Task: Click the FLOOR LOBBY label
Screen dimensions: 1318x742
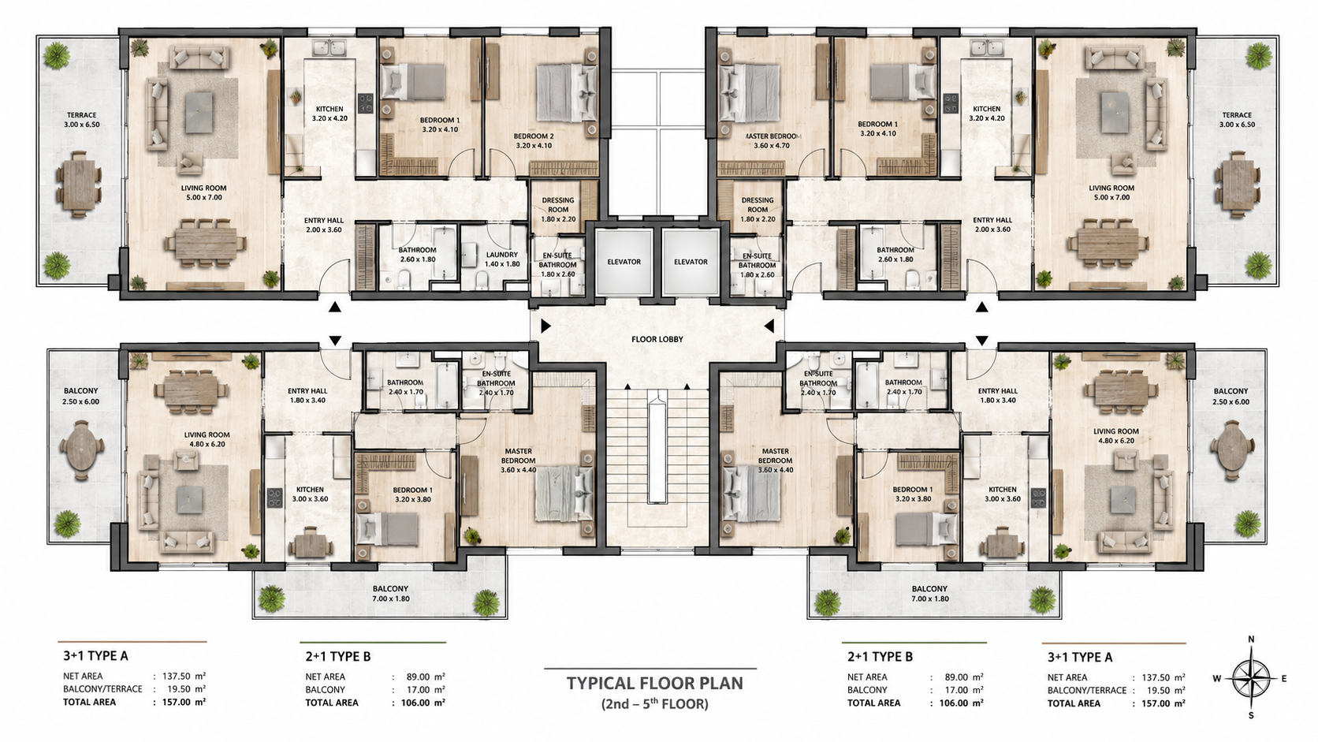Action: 657,340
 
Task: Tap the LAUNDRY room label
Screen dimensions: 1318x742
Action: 502,255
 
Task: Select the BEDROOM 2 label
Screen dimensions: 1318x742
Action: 534,136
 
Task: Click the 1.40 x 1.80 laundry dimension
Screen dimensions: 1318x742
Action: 502,264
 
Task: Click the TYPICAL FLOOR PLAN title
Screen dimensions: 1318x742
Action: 655,683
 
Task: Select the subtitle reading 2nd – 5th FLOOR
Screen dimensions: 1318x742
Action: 654,703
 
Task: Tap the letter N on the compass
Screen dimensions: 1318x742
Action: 1252,639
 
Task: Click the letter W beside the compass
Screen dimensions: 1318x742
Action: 1217,678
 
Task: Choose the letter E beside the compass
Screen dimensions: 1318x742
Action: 1284,678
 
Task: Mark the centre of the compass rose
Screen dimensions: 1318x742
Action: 1251,679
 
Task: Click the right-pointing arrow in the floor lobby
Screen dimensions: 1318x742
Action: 546,326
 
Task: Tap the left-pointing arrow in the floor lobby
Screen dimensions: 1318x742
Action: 769,326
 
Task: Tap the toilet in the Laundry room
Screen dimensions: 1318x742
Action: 481,284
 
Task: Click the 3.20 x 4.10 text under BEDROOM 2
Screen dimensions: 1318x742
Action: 534,145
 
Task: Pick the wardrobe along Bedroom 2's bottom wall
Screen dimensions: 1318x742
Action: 563,169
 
